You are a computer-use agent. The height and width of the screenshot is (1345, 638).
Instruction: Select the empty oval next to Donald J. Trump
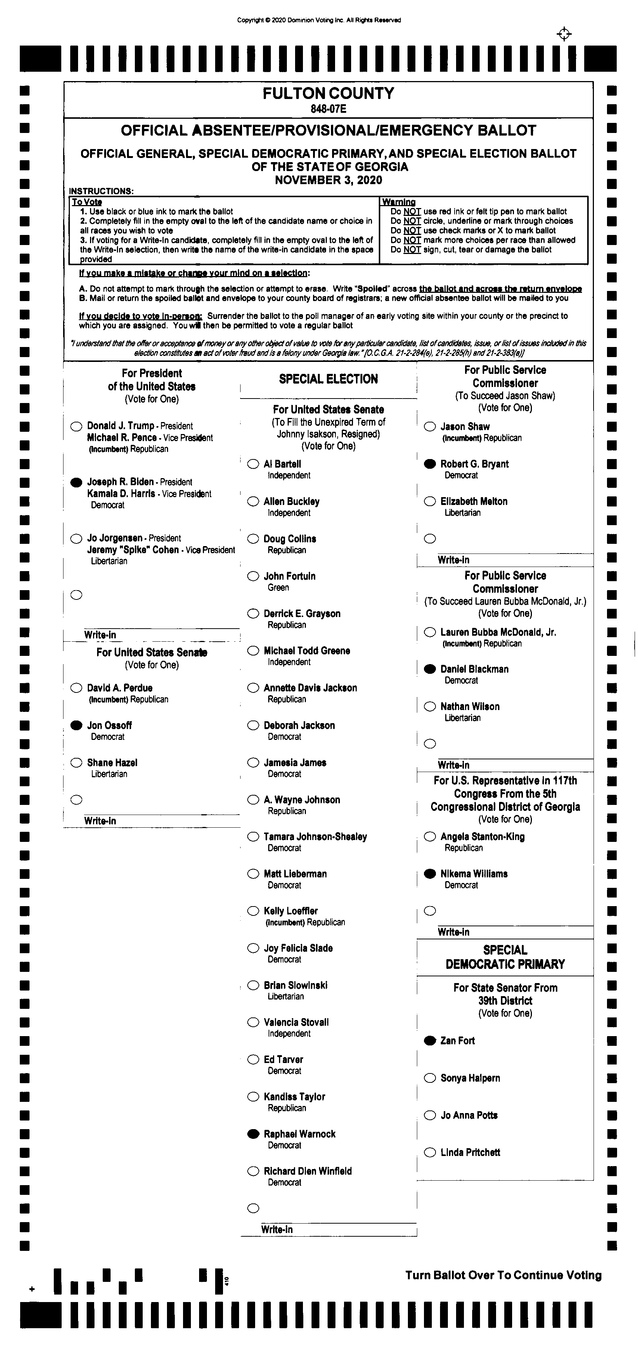point(76,426)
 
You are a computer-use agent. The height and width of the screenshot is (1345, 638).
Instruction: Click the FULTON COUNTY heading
point(328,93)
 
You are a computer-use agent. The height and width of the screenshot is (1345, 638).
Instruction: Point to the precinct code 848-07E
point(328,109)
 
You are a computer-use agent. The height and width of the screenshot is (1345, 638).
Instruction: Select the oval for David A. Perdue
point(76,688)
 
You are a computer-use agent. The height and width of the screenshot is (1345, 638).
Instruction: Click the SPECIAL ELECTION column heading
point(328,379)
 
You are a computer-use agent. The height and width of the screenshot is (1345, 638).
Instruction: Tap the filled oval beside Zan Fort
point(430,1041)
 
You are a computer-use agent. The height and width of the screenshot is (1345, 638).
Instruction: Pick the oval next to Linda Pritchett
point(430,1152)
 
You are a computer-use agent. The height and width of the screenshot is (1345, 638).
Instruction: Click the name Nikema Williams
point(474,874)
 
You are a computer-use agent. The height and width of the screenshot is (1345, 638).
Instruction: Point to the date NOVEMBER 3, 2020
point(328,180)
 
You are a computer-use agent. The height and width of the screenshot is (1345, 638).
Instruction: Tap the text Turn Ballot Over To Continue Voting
point(503,1275)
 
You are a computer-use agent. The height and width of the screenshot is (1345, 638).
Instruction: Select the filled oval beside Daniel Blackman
point(430,669)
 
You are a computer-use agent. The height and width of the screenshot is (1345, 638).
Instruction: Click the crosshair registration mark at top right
point(564,34)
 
